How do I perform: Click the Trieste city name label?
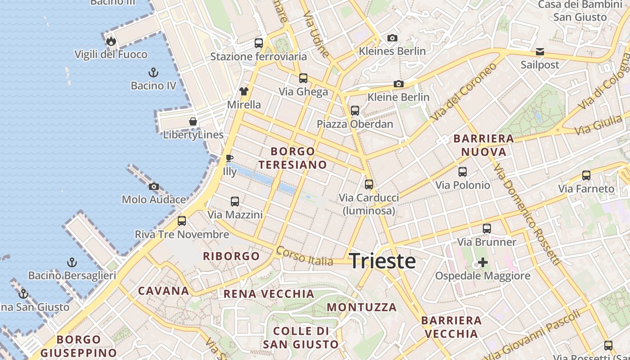[x=382, y=261]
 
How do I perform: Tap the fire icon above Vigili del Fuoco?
[x=111, y=41]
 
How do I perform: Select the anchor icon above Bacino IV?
[x=153, y=72]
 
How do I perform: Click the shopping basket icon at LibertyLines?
[x=193, y=121]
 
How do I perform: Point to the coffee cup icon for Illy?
[x=229, y=158]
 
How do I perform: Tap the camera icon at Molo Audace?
[x=153, y=186]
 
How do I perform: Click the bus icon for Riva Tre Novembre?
[x=182, y=221]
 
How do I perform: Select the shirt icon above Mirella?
[x=244, y=91]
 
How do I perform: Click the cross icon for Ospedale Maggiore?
[x=482, y=262]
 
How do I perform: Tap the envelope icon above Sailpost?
[x=540, y=52]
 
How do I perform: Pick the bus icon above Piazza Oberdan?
[x=355, y=111]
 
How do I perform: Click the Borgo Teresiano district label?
[x=292, y=158]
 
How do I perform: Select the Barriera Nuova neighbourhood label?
[x=484, y=145]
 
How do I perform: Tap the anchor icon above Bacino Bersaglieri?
[x=72, y=262]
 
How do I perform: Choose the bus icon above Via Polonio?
[x=462, y=172]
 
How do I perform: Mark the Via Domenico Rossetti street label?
[x=526, y=214]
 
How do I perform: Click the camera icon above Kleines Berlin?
[x=392, y=38]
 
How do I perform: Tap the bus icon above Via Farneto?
[x=586, y=175]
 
